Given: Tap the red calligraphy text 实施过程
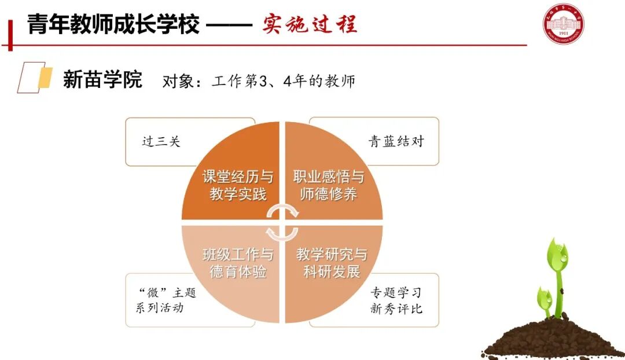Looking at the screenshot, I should point(310,24).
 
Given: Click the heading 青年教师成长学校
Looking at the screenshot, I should point(113,25).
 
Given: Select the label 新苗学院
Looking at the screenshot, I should point(102,80).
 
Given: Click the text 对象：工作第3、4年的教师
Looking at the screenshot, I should point(259,81).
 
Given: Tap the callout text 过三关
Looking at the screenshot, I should point(161,141).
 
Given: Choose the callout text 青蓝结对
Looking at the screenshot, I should point(396,141).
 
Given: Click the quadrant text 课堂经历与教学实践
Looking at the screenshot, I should point(238,185).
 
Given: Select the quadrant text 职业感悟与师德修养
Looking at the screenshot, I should point(329,185).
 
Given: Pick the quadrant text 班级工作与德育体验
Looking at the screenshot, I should point(238,263).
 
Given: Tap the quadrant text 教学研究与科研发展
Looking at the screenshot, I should point(332,263).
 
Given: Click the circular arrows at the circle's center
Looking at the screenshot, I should point(282,222).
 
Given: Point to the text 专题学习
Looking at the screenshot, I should point(396,292).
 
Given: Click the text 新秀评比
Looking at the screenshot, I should point(396,308).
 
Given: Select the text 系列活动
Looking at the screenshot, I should point(160,308).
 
